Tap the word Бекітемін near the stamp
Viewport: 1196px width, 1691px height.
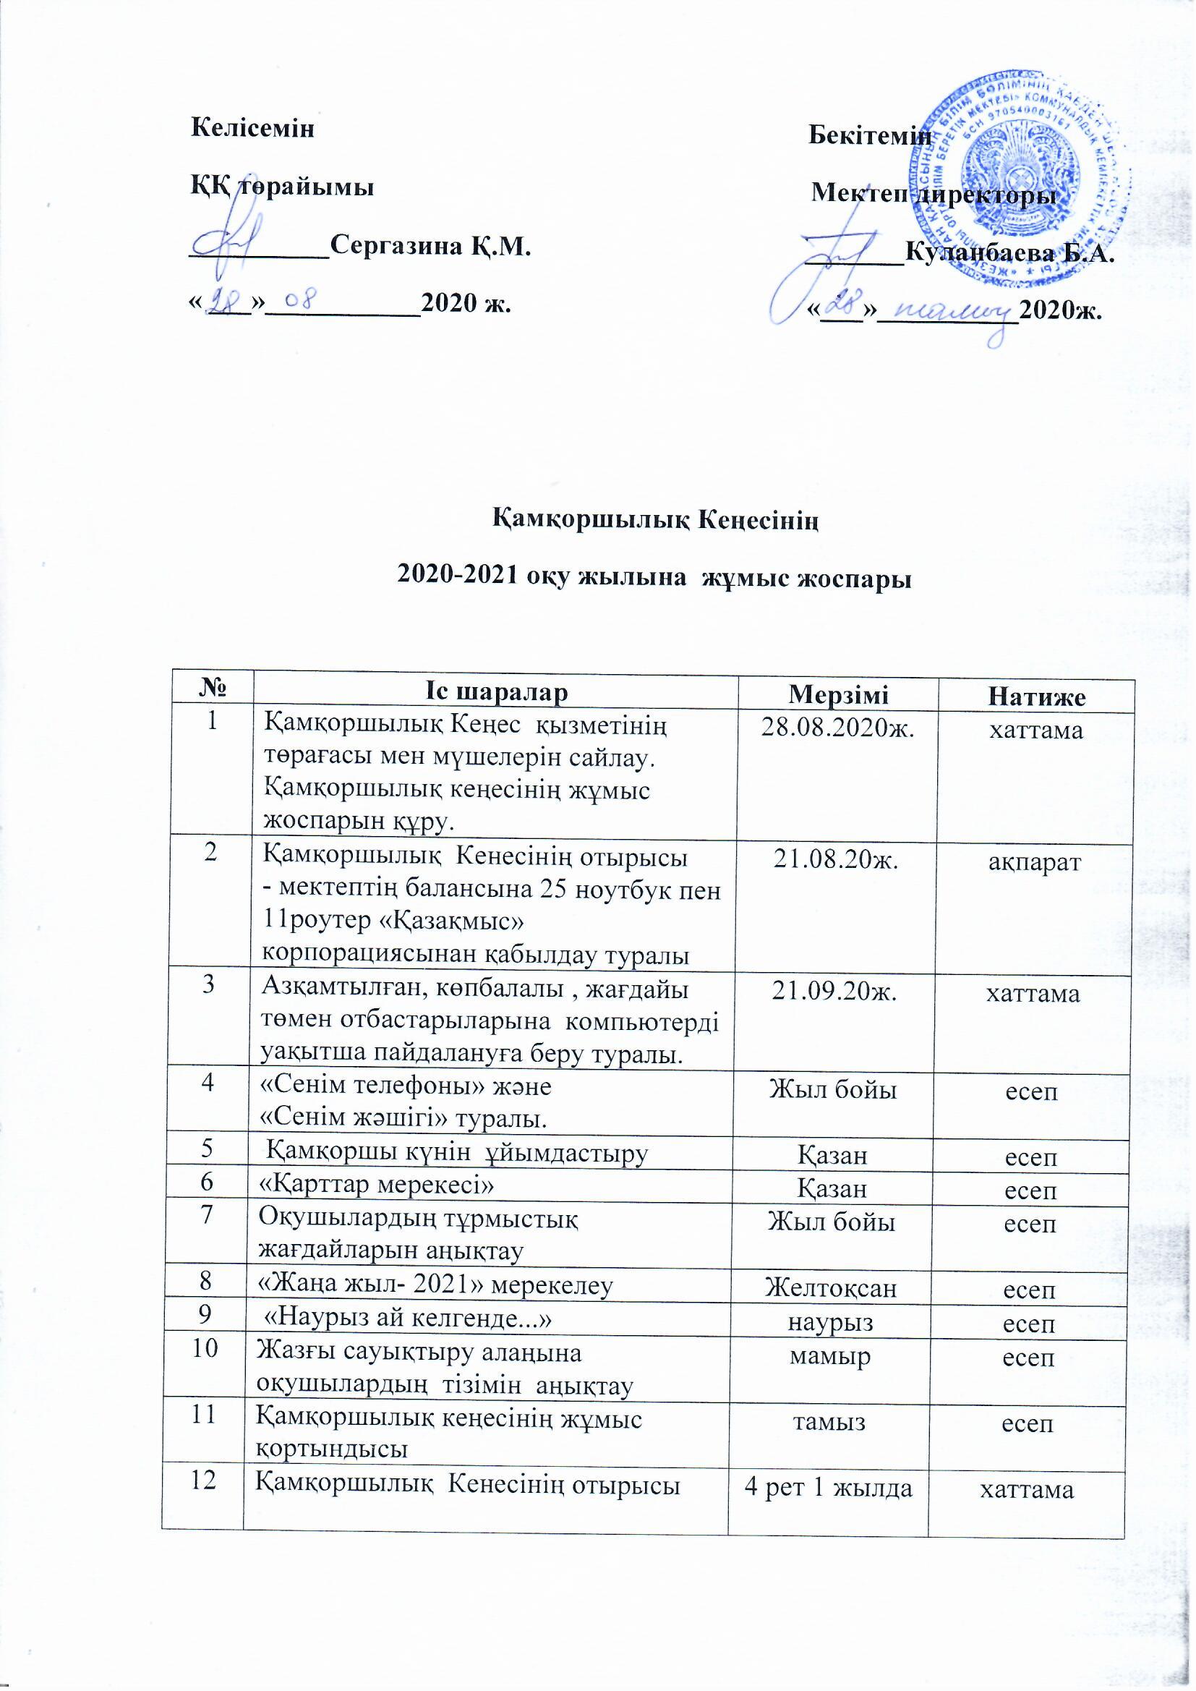870,135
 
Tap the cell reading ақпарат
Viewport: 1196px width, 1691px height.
1034,862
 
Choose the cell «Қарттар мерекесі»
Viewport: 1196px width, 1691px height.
375,1187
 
